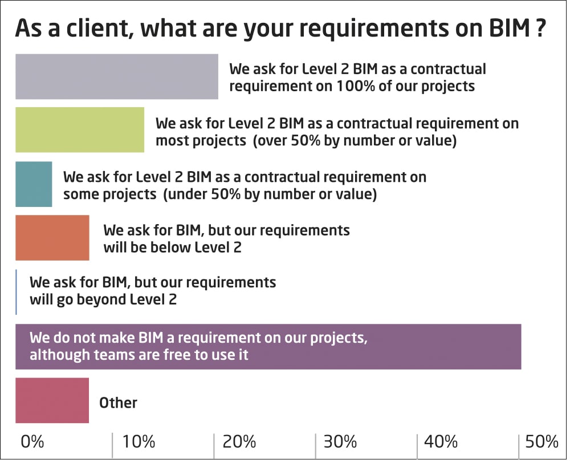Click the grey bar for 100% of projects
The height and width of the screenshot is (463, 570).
(x=116, y=77)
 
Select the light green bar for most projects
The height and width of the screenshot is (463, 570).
(x=79, y=129)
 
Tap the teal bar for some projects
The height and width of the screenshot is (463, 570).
(x=34, y=184)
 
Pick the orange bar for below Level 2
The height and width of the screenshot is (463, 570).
(x=52, y=238)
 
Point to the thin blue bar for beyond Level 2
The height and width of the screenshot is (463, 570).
(x=17, y=292)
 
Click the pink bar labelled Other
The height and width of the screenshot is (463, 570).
(x=52, y=400)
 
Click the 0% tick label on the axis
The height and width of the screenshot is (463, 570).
(x=32, y=441)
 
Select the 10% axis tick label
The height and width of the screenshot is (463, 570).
(x=139, y=441)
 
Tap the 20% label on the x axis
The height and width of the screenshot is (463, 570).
(x=239, y=441)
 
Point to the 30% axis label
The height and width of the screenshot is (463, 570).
(x=340, y=441)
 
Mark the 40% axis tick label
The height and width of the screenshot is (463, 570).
(x=441, y=441)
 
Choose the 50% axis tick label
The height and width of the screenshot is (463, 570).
(x=542, y=441)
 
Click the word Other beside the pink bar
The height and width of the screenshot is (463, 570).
(x=118, y=403)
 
